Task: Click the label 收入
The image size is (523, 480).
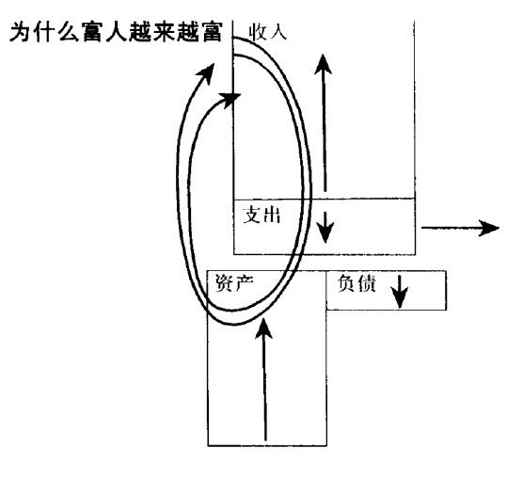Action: point(267,32)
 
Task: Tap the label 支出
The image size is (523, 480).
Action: point(261,215)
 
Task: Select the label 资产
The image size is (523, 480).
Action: point(234,283)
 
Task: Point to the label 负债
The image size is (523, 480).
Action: point(357,283)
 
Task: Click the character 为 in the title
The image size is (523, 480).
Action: point(21,32)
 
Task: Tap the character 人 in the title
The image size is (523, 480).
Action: point(117,32)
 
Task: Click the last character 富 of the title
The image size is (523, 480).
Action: point(212,32)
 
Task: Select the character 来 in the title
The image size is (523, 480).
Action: point(164,32)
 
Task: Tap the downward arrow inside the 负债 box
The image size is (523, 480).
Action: point(399,292)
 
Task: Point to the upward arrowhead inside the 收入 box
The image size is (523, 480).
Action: point(323,64)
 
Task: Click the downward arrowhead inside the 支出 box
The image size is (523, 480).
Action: point(325,232)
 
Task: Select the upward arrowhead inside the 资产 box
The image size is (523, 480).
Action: point(263,328)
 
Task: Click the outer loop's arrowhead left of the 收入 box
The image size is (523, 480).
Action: point(206,73)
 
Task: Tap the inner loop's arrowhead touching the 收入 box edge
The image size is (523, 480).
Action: point(230,100)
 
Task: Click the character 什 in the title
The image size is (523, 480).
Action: point(44,32)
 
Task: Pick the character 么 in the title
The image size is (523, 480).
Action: point(69,32)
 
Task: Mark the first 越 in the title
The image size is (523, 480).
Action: point(140,32)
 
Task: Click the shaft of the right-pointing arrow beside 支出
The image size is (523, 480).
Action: point(451,228)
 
